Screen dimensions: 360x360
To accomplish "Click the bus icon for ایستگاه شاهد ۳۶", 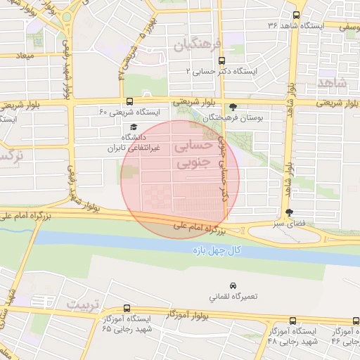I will pos(296,15).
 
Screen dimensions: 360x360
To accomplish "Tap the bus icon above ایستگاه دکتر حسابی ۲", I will pos(222,60).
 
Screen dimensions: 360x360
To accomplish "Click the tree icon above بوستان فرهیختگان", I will pos(233,108).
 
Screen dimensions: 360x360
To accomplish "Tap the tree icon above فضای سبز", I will pos(289,212).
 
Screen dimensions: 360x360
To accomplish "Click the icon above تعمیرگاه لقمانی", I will pos(233,284).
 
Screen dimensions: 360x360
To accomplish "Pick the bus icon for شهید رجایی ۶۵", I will pos(127,308).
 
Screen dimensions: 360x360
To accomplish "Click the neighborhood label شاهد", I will pos(332,82).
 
